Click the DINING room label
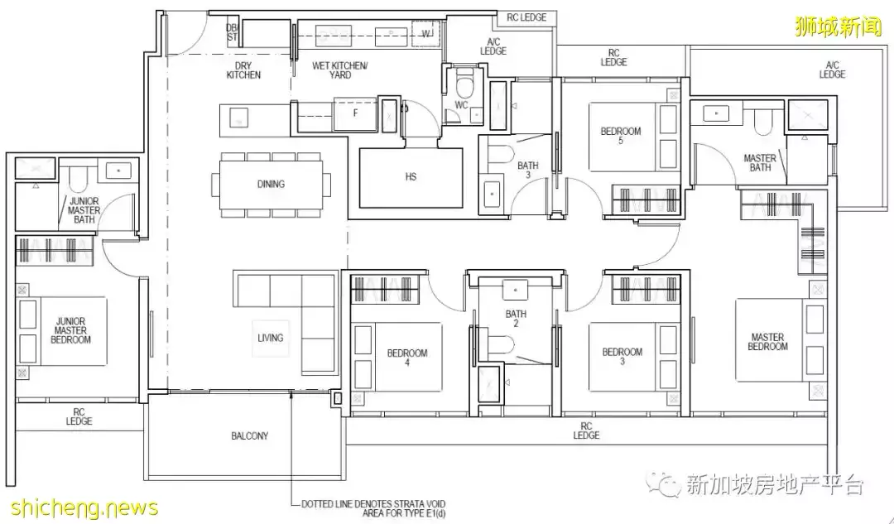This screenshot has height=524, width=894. [271, 184]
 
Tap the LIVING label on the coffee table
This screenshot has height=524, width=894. [270, 338]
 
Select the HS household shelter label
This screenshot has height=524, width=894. [411, 177]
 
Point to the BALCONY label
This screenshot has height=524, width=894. [250, 436]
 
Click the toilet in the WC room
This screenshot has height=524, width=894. [466, 85]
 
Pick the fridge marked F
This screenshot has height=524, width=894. [354, 113]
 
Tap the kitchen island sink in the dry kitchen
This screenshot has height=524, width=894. [239, 118]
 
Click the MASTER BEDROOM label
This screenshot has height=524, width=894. [768, 342]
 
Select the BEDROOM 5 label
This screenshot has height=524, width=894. [621, 135]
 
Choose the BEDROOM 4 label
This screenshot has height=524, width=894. [407, 357]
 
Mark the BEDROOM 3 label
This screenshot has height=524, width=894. [622, 356]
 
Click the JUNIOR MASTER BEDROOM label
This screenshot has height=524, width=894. [70, 330]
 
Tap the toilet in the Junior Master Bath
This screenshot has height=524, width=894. [78, 179]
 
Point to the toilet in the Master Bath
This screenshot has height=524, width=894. [763, 122]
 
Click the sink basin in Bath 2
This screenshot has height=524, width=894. [516, 291]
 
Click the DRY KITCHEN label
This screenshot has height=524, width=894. [243, 70]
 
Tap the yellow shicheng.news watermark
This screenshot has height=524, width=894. [84, 507]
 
